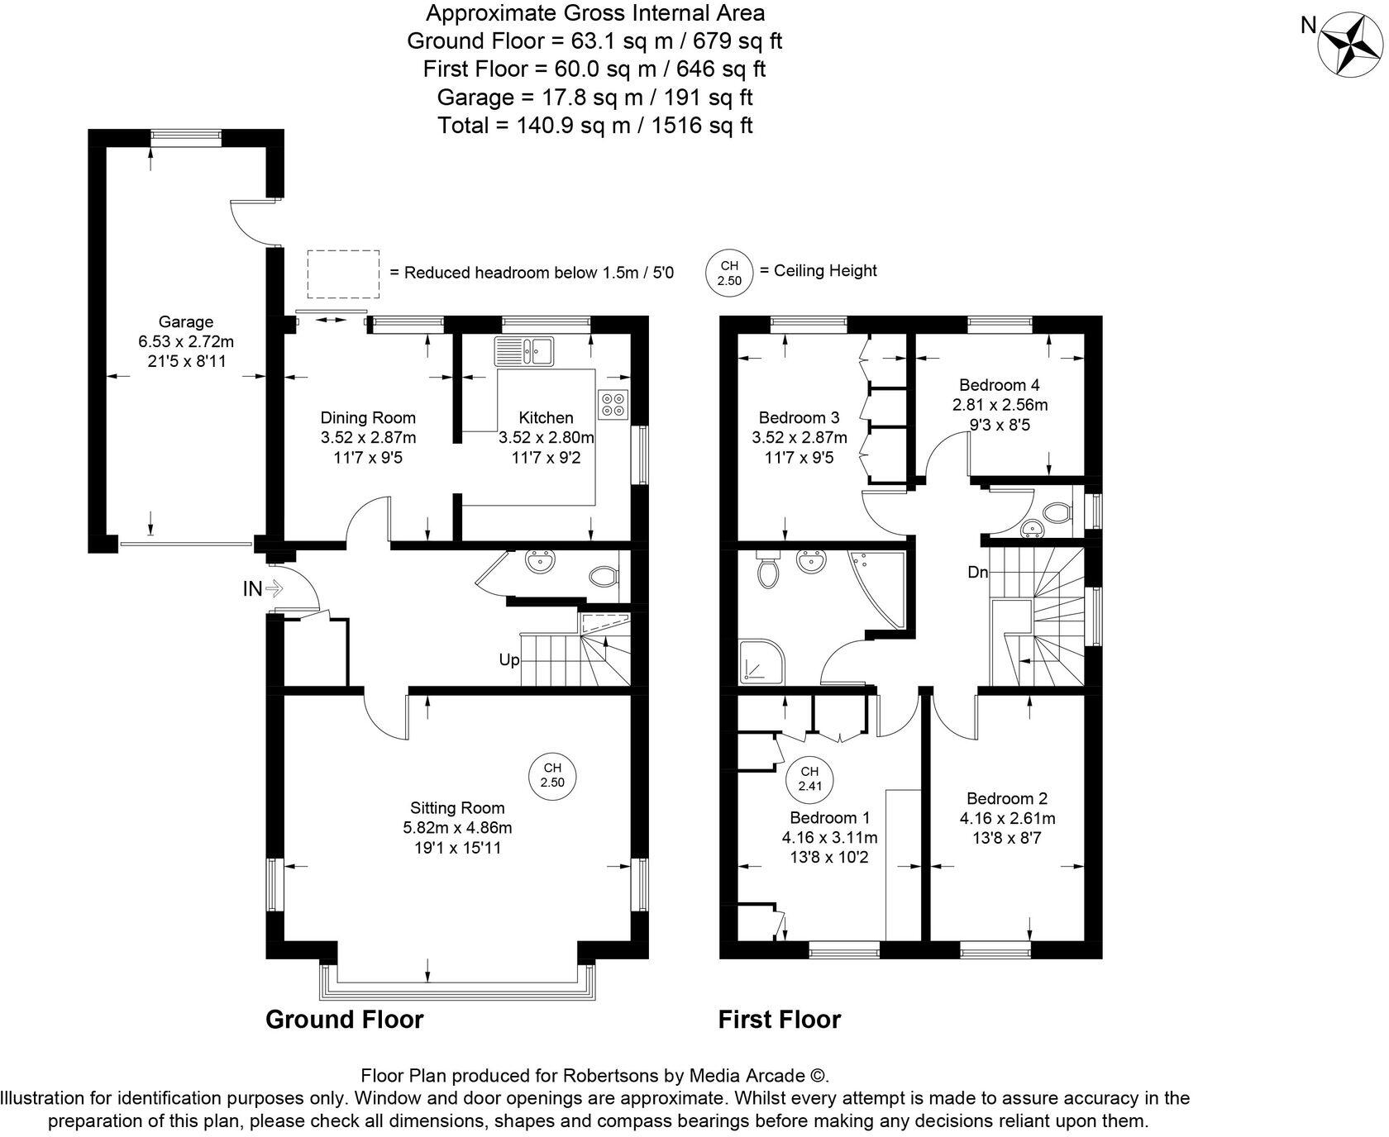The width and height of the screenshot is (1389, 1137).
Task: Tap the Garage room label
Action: click(186, 322)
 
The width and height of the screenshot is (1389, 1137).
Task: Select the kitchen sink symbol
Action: click(526, 350)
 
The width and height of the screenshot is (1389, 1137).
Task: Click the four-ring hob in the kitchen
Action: click(614, 403)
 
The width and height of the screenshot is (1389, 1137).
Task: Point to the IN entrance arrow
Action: click(263, 589)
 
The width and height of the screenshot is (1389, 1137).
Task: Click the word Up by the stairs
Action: click(508, 660)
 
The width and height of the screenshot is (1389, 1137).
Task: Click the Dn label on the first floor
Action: click(978, 572)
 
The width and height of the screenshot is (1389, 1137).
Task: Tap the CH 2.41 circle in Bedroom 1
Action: click(809, 778)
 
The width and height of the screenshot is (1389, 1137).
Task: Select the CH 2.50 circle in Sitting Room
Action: click(551, 775)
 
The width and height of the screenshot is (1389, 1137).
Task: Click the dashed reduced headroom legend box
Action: click(343, 274)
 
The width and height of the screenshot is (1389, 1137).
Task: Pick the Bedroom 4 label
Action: click(999, 385)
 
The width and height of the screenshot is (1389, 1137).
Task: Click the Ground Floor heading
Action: click(344, 1020)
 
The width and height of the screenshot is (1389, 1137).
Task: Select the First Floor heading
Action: click(779, 1020)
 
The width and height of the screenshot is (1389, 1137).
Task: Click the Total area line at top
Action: click(594, 125)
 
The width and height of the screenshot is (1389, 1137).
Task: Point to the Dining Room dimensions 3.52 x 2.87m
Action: click(368, 437)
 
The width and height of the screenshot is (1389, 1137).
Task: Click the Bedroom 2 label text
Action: click(1006, 798)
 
